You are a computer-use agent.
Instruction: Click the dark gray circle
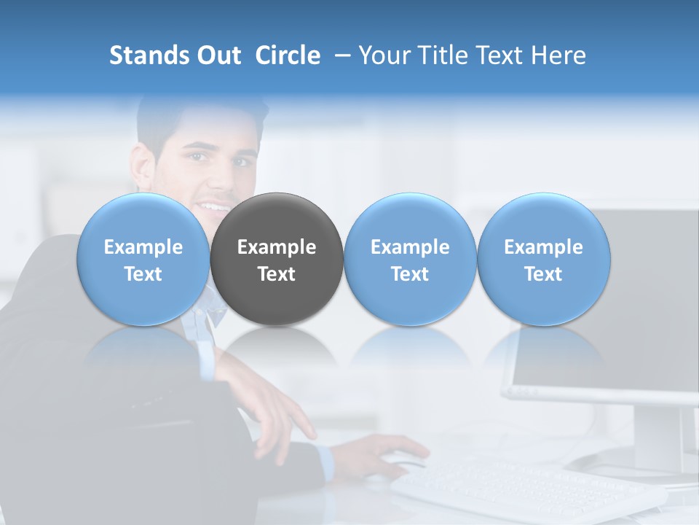click(277, 260)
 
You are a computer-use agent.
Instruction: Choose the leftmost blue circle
click(143, 260)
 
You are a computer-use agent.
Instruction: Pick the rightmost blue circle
click(543, 260)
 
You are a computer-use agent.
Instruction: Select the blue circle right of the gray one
click(410, 260)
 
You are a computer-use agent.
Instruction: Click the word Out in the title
click(218, 55)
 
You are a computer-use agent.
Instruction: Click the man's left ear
click(144, 165)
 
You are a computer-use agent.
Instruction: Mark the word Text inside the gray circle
click(277, 274)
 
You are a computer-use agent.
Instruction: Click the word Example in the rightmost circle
click(543, 247)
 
